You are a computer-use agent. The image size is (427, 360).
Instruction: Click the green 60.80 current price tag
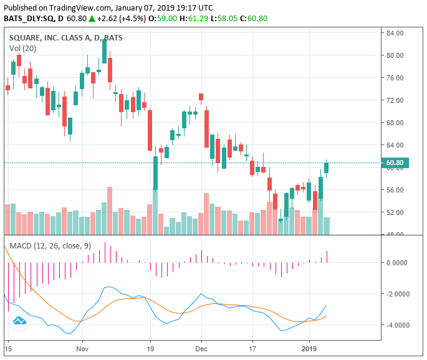[x=396, y=163]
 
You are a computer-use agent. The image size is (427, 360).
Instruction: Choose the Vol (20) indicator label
[x=23, y=49]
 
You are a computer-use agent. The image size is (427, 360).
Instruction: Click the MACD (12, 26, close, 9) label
[x=50, y=246]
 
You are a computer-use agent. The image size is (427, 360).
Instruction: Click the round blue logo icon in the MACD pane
[x=19, y=321]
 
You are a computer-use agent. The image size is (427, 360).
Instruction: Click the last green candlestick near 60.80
[x=326, y=168]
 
